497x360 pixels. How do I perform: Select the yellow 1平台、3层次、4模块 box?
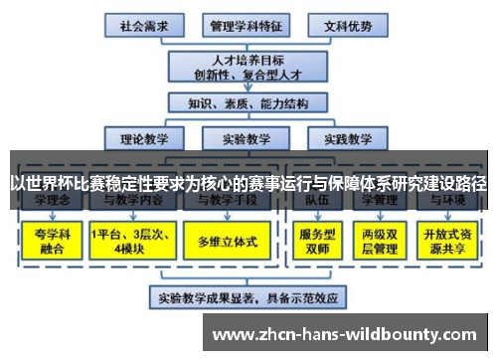pos(129,240)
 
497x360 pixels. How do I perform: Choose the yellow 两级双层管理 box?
pos(380,240)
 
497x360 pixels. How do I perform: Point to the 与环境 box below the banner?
pos(446,202)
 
